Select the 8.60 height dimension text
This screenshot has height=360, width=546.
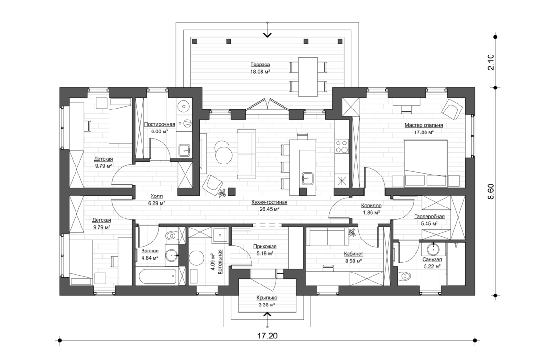491,191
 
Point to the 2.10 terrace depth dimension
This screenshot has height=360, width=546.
491,63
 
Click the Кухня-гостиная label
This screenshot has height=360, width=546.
269,202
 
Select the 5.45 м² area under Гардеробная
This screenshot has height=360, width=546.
429,223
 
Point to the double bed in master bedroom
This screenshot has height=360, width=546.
426,163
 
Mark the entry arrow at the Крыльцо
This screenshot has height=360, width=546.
267,314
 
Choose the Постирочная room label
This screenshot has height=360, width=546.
159,124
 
